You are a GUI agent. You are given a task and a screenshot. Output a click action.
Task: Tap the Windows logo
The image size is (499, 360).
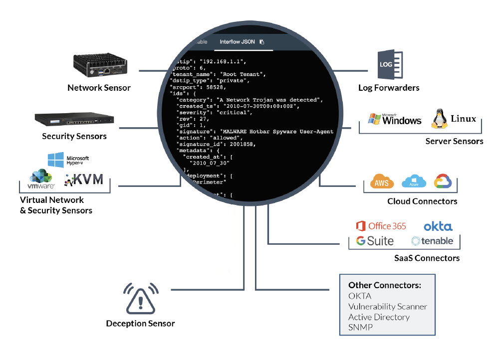[394, 119]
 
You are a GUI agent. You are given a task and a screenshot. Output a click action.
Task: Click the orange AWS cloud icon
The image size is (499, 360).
[382, 182]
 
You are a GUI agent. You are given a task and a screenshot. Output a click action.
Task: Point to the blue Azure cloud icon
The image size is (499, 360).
[414, 181]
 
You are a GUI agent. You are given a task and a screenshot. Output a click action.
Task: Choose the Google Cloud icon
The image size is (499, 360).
[443, 181]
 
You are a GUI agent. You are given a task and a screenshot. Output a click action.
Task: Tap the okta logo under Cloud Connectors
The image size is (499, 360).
[438, 226]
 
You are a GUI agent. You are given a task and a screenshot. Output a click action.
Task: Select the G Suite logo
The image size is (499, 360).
[375, 241]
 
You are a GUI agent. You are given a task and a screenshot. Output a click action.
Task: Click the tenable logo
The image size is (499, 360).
[432, 241]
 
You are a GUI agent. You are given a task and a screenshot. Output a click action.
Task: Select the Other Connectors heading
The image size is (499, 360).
[384, 285]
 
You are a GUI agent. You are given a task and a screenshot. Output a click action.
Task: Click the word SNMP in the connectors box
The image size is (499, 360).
[361, 327]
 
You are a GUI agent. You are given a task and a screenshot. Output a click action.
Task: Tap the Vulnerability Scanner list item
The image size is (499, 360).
[387, 307]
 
